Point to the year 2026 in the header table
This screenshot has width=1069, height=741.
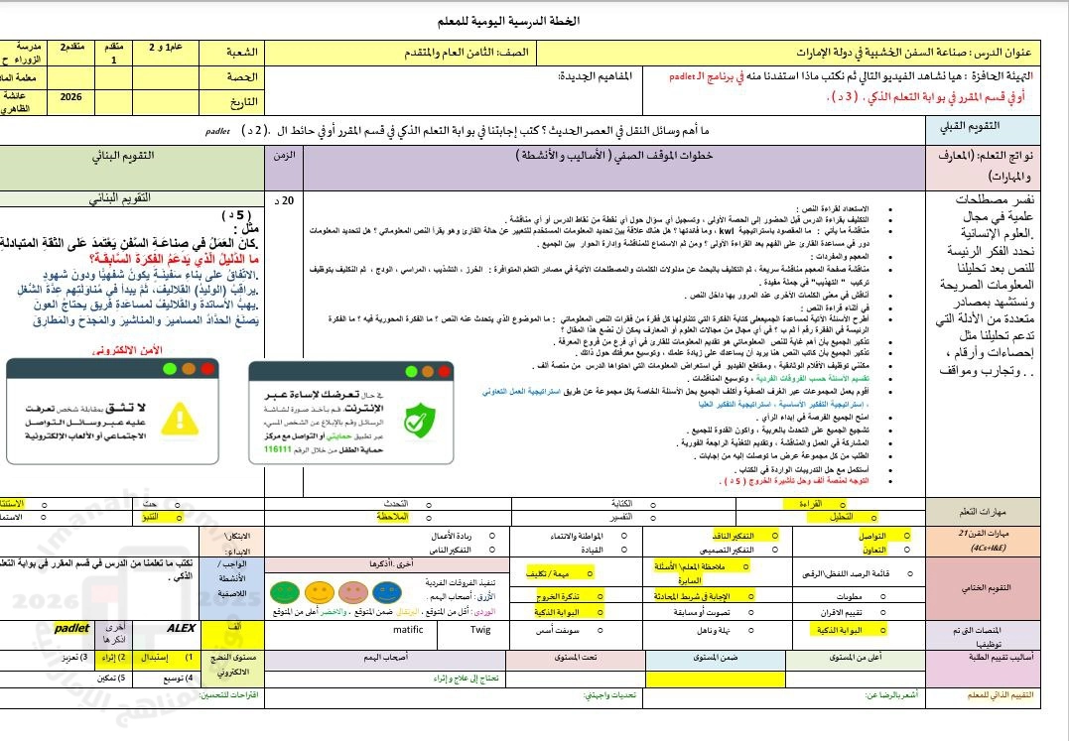click(x=70, y=97)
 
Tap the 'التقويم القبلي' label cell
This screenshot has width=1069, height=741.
click(x=997, y=129)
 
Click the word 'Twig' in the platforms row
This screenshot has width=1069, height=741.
click(x=480, y=629)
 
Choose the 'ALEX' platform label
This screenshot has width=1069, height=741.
click(x=182, y=628)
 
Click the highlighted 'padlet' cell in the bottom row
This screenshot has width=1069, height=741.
click(x=71, y=628)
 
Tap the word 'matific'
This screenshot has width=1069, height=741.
click(x=408, y=629)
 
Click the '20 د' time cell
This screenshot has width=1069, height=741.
click(x=286, y=200)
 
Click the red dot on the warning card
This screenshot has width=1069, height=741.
click(x=207, y=369)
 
